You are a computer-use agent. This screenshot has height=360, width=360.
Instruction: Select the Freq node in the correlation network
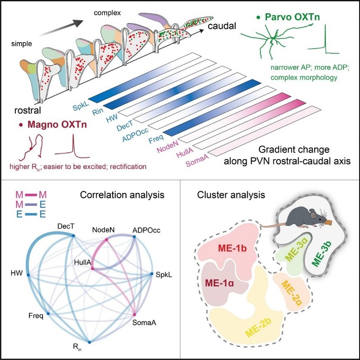click(48, 313)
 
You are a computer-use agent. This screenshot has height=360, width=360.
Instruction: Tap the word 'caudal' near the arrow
click(223, 27)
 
